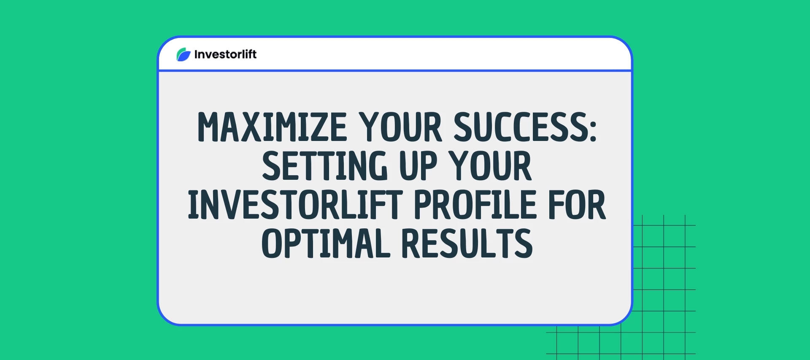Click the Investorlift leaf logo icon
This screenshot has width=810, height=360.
184,54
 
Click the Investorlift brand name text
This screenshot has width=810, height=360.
225,54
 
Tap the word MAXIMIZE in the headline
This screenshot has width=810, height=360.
272,127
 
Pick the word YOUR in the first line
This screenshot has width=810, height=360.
400,127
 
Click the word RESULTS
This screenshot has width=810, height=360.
467,244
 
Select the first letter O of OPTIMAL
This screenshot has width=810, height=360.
273,244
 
